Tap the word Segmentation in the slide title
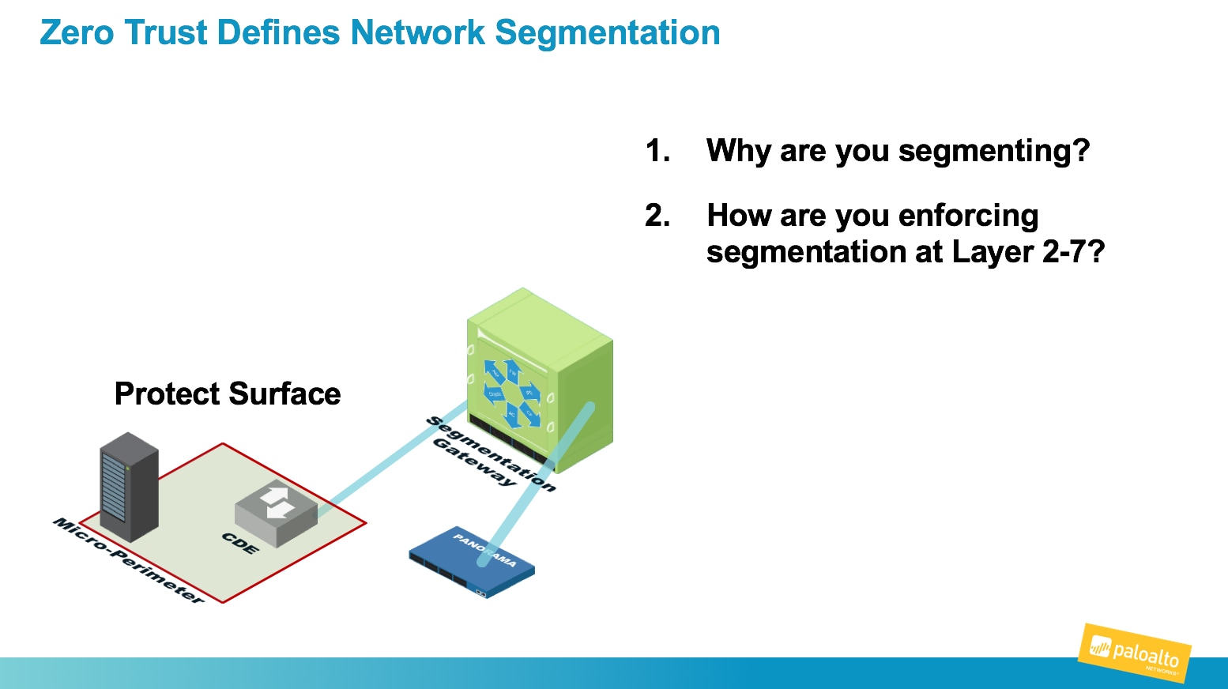pyautogui.click(x=607, y=33)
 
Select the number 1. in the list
pyautogui.click(x=657, y=150)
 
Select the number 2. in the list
pyautogui.click(x=657, y=215)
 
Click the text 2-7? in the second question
pyautogui.click(x=1073, y=252)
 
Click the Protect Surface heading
pyautogui.click(x=228, y=393)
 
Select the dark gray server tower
pyautogui.click(x=129, y=486)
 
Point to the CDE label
pyautogui.click(x=240, y=543)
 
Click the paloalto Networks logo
pyautogui.click(x=1135, y=653)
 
